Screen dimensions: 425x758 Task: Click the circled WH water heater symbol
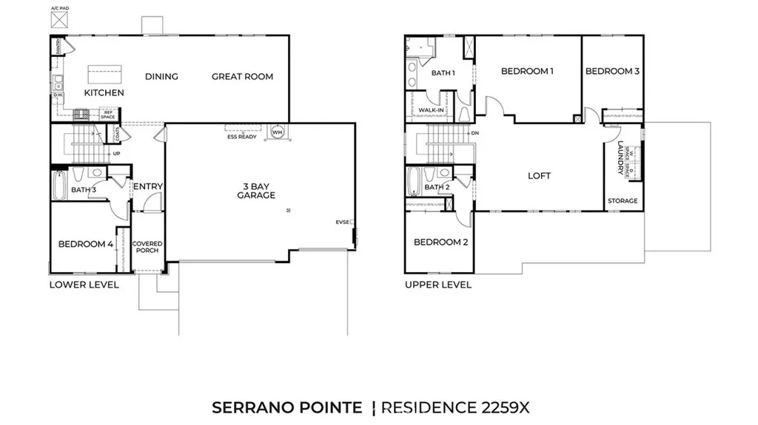click(278, 133)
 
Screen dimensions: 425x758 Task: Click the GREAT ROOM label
click(242, 76)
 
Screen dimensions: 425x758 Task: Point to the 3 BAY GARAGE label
click(256, 191)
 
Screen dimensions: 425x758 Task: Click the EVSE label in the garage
click(342, 222)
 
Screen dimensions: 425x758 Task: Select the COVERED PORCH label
click(147, 247)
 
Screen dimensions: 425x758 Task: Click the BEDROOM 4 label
click(86, 244)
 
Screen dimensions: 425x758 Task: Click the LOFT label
click(539, 176)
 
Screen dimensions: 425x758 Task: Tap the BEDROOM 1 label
click(527, 72)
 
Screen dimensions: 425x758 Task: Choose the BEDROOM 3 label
click(612, 72)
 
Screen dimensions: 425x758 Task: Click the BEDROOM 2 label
click(440, 242)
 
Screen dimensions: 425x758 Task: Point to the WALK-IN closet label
click(431, 111)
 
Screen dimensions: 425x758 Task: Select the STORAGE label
click(622, 201)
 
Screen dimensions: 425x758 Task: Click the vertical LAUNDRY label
click(620, 158)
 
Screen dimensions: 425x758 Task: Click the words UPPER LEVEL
click(437, 285)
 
